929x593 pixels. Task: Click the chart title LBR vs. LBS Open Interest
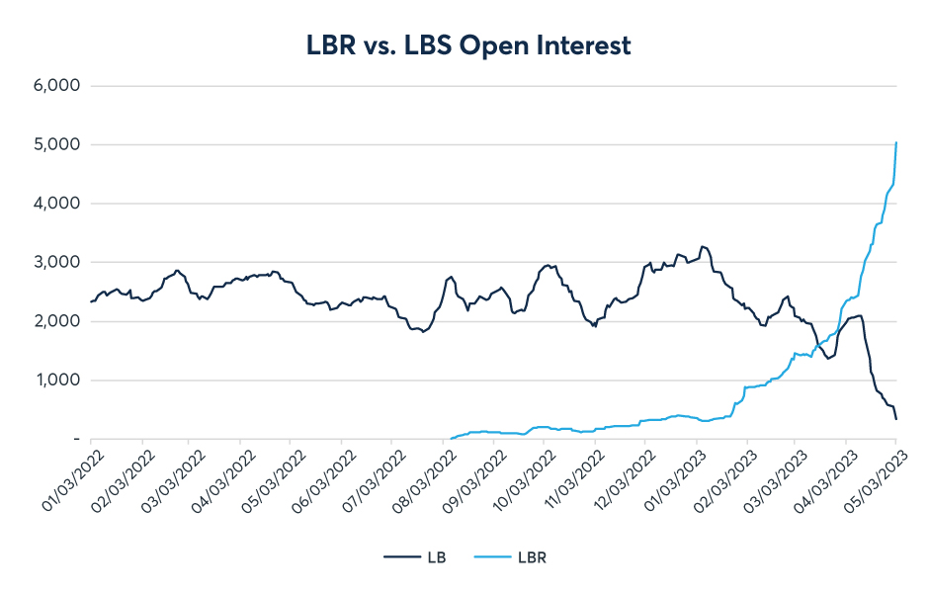click(x=464, y=44)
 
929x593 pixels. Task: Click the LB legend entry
click(x=416, y=557)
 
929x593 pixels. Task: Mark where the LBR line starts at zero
click(x=452, y=438)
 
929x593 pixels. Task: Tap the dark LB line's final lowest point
click(x=896, y=420)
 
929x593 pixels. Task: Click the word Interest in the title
click(x=581, y=44)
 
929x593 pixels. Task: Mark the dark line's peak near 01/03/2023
click(x=702, y=246)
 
